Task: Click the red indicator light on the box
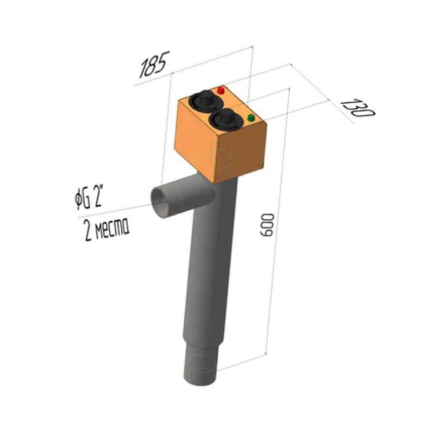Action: (221, 91)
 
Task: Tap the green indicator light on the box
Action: (251, 118)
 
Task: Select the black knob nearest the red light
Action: (206, 101)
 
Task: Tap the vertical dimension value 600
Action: (266, 225)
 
